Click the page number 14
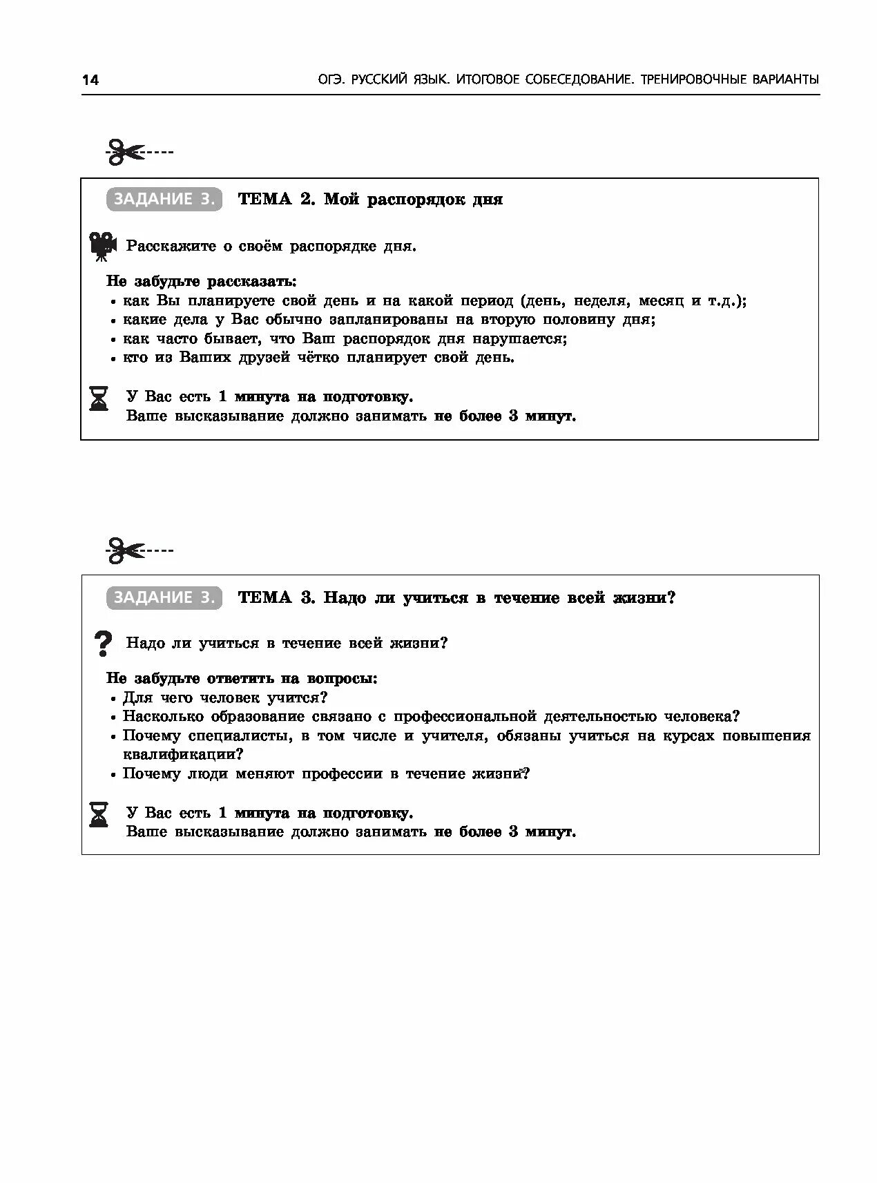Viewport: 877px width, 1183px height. point(90,80)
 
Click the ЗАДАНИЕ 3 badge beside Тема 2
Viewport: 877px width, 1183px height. point(164,200)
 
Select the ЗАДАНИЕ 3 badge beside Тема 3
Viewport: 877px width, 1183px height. point(164,597)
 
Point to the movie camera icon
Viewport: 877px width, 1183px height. point(102,246)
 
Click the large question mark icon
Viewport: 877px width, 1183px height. point(102,644)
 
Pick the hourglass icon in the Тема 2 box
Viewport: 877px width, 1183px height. point(99,398)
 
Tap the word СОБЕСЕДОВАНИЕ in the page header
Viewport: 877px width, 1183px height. point(579,80)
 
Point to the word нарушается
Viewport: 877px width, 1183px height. point(519,339)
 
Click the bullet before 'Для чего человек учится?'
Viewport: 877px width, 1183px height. point(113,699)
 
